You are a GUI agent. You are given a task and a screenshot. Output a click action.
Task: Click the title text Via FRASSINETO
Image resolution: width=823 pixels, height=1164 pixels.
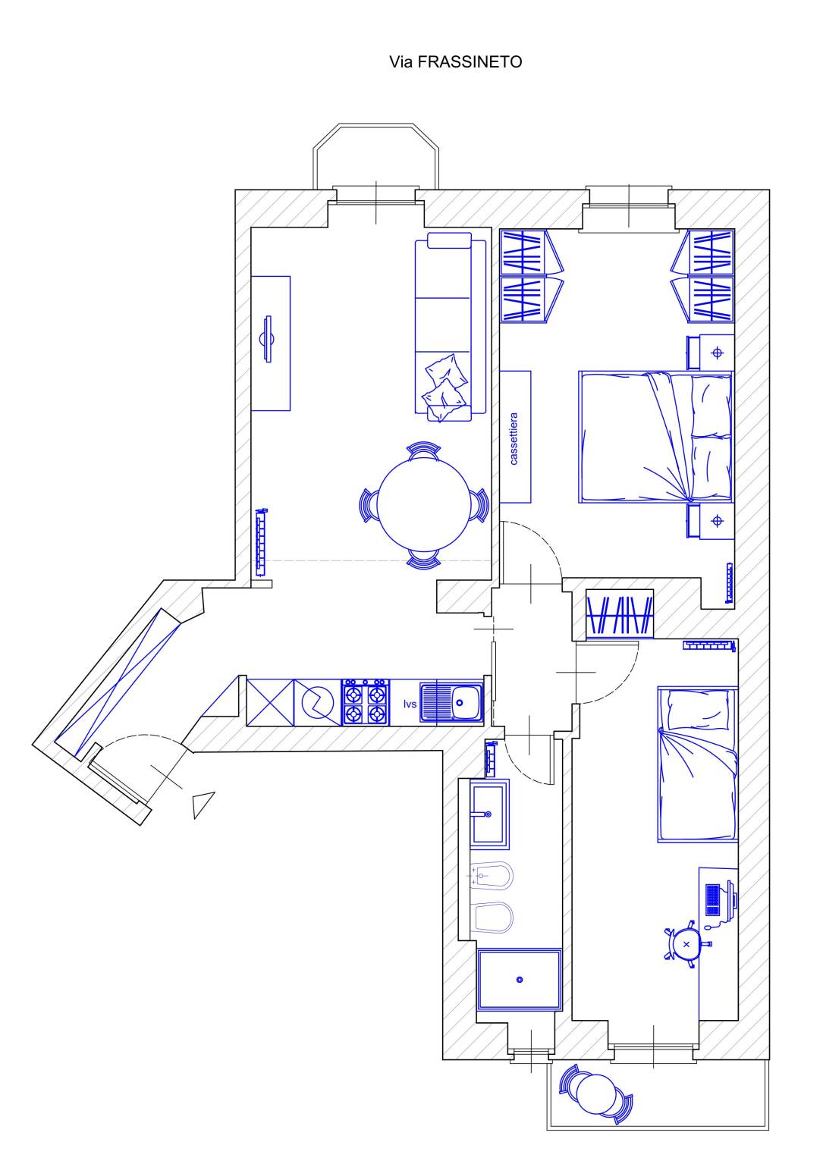point(455,62)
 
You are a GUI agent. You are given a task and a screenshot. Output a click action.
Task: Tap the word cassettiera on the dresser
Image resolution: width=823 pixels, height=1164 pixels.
point(514,438)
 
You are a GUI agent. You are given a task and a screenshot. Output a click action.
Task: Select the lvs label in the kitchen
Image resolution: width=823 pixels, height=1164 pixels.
point(410,704)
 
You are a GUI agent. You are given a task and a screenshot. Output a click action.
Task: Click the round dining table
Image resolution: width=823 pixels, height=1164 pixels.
point(423,504)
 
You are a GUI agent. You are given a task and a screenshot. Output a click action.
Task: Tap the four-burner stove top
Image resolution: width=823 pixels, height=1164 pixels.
point(366,702)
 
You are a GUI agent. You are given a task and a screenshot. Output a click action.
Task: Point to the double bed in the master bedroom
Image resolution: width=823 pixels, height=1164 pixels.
point(655,437)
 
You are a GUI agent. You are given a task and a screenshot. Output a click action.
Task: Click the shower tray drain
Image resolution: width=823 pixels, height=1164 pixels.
point(520,980)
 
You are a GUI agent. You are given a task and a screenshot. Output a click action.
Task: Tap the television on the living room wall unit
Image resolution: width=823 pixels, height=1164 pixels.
point(269,339)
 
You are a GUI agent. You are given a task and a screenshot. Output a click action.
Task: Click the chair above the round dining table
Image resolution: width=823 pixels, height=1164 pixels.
point(423,450)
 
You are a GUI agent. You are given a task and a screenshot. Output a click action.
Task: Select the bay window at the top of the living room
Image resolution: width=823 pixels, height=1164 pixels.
point(376,156)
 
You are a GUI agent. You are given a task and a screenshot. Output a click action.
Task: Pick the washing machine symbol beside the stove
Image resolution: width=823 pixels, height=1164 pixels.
point(318,702)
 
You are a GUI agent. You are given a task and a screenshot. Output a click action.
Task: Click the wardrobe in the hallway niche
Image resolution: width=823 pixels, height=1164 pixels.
point(619,613)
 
